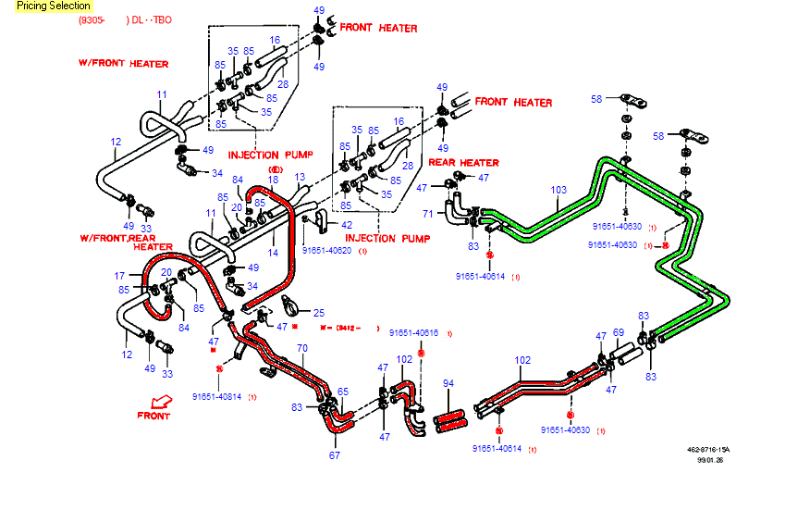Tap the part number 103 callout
coord(558,190)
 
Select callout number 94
coord(448,382)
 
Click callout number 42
coord(346,225)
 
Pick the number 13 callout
coord(300,177)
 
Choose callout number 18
coord(273,180)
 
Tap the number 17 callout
coord(119,275)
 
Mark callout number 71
coord(427,214)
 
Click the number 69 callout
coord(619,332)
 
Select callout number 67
coord(334,454)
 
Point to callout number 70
coord(301,348)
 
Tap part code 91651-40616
coord(413,332)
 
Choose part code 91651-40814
coord(216,396)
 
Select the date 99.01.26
coord(709,460)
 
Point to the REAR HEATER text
coord(463,163)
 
